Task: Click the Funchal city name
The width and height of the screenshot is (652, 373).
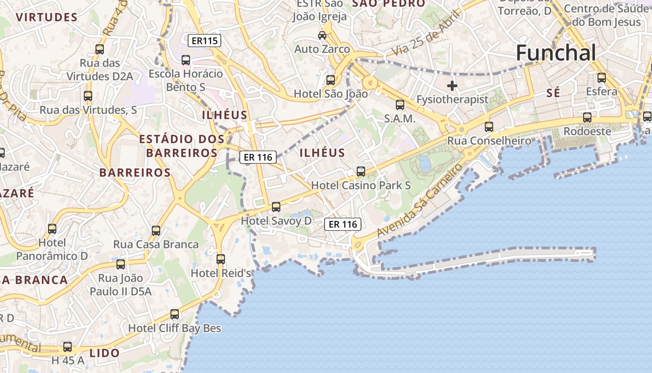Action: [x=556, y=53]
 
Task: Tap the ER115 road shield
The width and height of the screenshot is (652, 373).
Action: [x=204, y=41]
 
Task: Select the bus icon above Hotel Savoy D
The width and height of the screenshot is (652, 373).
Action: [x=276, y=207]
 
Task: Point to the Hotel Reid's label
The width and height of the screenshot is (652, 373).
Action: [x=221, y=273]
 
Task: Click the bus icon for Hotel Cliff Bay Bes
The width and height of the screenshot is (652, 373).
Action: [x=175, y=314]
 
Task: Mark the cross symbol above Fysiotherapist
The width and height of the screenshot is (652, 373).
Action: [x=452, y=86]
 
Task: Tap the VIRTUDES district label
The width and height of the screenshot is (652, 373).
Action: [x=47, y=18]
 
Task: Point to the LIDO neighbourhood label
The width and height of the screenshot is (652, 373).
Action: [x=104, y=353]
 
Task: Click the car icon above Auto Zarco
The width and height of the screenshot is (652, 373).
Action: [x=322, y=35]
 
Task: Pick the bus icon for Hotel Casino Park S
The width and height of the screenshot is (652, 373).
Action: [x=361, y=171]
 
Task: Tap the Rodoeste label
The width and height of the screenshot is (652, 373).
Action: [x=587, y=131]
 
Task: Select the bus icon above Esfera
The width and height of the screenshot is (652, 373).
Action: [x=602, y=77]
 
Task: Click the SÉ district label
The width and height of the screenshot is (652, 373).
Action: [x=553, y=93]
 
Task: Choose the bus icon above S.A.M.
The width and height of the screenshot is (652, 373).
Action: [x=400, y=105]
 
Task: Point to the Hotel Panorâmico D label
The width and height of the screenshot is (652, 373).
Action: [x=52, y=249]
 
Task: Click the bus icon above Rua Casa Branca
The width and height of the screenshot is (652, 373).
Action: [x=156, y=230]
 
